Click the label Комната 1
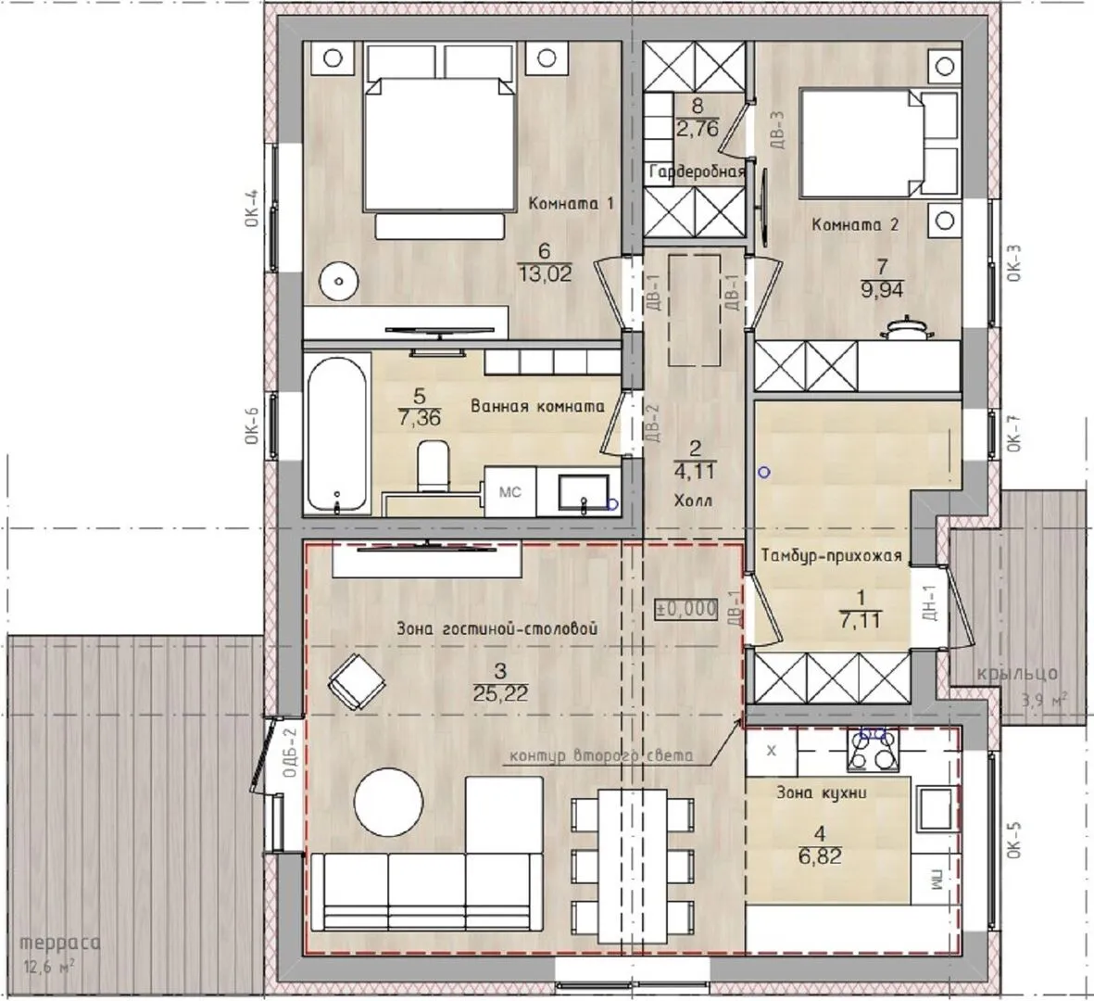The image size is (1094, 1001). click(572, 204)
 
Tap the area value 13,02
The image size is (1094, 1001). click(544, 273)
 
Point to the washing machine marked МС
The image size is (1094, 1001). click(510, 491)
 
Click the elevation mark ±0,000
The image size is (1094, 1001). click(685, 609)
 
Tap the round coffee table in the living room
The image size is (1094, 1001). click(389, 802)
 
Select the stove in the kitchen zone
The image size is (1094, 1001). click(874, 750)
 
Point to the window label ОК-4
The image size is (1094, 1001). click(252, 208)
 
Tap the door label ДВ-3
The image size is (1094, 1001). click(779, 130)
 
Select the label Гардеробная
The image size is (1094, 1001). click(697, 171)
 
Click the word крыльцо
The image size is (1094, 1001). click(1017, 675)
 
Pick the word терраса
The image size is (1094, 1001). click(60, 944)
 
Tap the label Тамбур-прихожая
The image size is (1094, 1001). click(831, 556)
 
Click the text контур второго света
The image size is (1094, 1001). click(601, 756)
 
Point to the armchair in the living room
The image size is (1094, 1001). click(358, 681)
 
